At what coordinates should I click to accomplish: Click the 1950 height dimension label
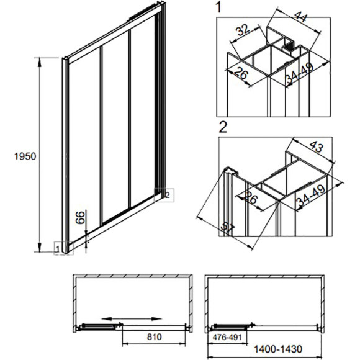point(25,156)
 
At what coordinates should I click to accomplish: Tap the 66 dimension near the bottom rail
point(80,217)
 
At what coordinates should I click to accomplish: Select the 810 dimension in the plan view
point(155,337)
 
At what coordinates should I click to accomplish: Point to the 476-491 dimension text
point(227,337)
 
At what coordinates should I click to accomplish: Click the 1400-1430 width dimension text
point(278,349)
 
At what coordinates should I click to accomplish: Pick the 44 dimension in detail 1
point(300,16)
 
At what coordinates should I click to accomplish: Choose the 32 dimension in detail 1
point(243,30)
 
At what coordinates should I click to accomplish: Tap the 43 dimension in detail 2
point(317,146)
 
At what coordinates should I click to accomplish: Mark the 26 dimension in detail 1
point(241,73)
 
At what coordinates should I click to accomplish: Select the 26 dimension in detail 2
point(251,197)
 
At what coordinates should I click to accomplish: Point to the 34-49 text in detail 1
point(299,73)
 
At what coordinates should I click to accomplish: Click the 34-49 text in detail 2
point(310,195)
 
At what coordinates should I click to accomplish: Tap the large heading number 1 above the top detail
point(219,7)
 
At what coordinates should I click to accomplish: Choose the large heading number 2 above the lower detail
point(223,127)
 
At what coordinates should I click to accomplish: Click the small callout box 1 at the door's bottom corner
point(63,248)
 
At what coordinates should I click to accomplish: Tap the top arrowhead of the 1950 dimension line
point(40,62)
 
